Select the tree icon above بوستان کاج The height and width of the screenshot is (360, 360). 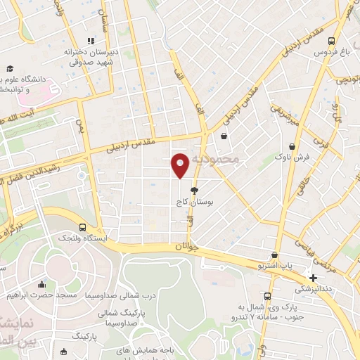(x=195, y=190)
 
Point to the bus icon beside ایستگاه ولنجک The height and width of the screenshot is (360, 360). (x=83, y=228)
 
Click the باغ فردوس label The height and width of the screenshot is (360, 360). (x=332, y=52)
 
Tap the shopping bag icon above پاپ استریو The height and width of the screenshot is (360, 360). (x=274, y=256)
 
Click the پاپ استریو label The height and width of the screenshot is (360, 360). (x=274, y=267)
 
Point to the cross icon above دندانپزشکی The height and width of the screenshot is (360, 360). (x=314, y=278)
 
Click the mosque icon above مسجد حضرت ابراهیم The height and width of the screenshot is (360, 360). (x=41, y=285)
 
